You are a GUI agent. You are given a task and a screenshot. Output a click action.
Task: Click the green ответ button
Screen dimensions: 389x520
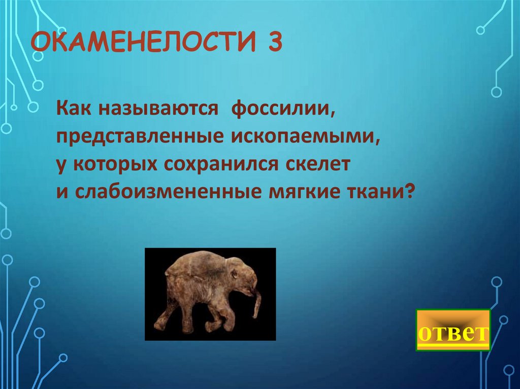pyautogui.click(x=453, y=330)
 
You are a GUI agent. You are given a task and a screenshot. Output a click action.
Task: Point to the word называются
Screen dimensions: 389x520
pyautogui.click(x=154, y=111)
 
